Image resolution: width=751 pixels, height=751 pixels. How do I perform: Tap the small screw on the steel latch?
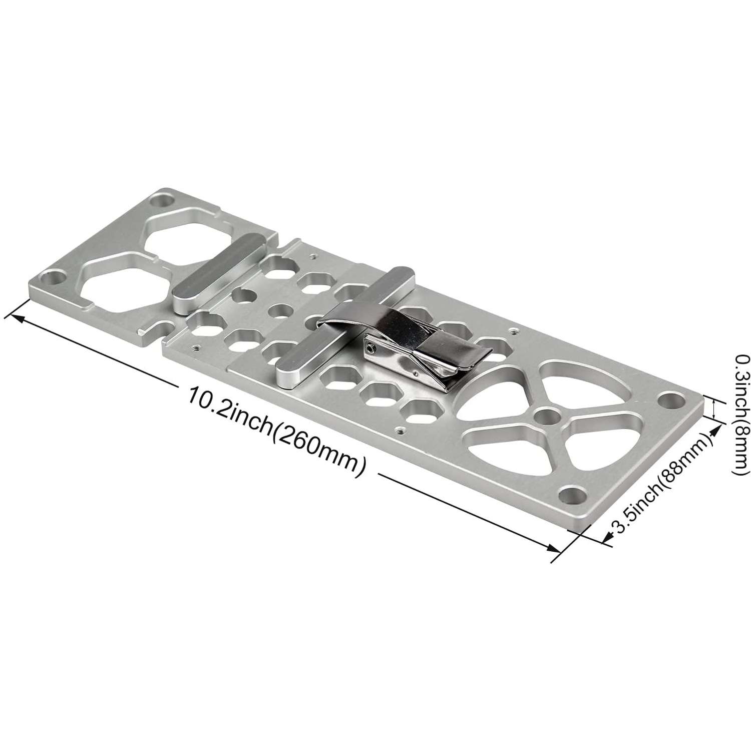point(369,350)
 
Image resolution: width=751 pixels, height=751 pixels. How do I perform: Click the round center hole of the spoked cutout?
point(548,416)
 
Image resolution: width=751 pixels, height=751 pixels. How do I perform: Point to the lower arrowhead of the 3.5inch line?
point(606,538)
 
